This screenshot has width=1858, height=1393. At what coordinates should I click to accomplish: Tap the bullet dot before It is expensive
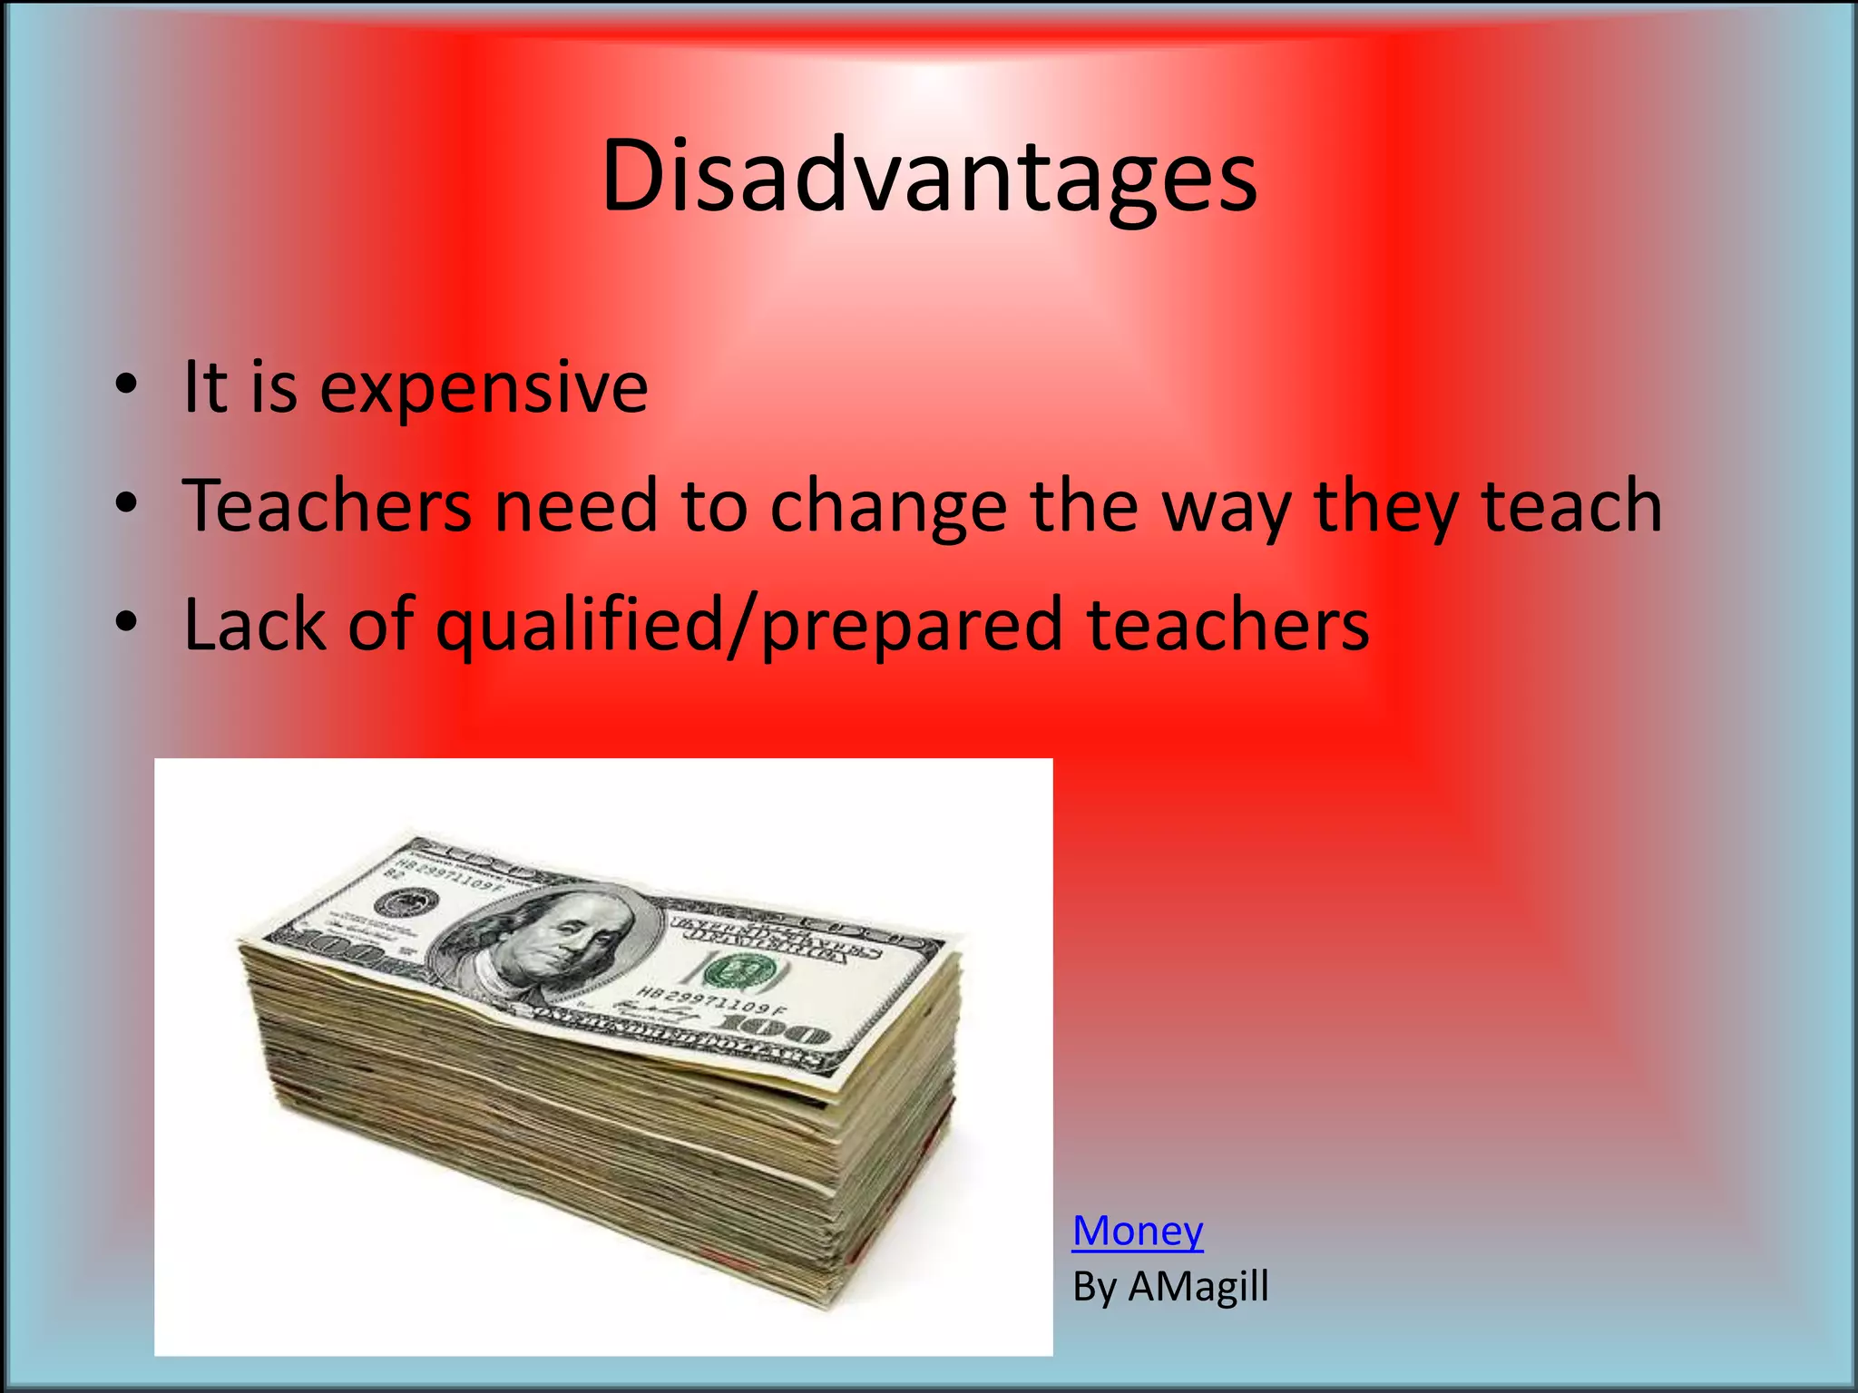point(126,385)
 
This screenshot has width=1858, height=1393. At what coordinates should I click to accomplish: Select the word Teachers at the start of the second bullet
point(327,505)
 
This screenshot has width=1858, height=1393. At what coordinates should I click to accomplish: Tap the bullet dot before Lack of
point(126,623)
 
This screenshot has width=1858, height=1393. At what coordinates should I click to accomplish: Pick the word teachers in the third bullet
point(1227,624)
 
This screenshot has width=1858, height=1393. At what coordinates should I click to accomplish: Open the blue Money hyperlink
point(1138,1231)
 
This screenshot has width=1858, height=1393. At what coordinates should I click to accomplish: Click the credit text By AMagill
point(1170,1286)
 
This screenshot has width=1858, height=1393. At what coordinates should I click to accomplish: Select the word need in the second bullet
point(575,505)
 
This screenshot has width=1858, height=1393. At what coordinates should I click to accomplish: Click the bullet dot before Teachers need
point(126,503)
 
